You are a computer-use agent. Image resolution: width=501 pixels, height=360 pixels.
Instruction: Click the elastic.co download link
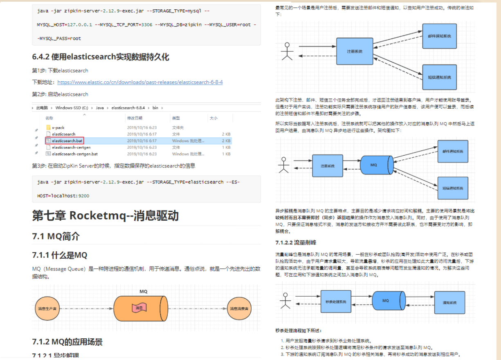click(x=140, y=82)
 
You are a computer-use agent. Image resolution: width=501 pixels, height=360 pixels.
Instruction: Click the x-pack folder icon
click(x=48, y=127)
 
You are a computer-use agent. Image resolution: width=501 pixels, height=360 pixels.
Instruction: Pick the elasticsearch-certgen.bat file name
click(x=74, y=154)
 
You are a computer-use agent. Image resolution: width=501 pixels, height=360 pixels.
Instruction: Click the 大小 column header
click(x=213, y=118)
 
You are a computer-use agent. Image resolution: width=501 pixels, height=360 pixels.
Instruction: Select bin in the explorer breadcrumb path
click(x=155, y=108)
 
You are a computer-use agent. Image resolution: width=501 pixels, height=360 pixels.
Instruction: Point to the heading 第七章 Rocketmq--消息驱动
click(x=106, y=216)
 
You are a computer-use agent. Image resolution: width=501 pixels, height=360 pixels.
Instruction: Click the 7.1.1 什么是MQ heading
click(x=60, y=255)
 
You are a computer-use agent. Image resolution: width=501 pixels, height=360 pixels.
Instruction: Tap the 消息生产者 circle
click(x=46, y=309)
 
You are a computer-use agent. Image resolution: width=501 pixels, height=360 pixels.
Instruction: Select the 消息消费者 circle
click(x=238, y=309)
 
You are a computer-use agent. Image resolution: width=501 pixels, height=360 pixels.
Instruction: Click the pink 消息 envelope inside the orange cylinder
click(x=139, y=308)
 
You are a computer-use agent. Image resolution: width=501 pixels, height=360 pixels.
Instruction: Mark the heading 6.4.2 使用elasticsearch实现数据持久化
click(x=101, y=57)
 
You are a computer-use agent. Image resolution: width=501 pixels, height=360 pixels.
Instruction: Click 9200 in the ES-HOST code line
click(x=83, y=196)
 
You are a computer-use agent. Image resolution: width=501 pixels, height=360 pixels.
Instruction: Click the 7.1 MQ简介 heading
click(x=56, y=236)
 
